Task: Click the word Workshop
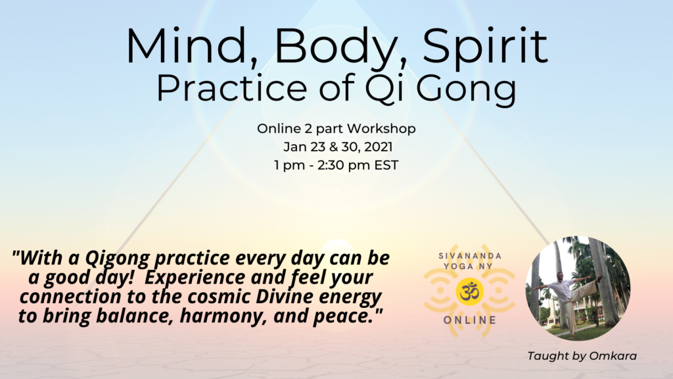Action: coord(381,128)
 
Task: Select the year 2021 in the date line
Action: coord(378,147)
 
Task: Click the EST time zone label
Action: coord(386,165)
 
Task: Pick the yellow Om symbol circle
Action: coord(469,291)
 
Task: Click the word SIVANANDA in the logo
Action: coord(470,256)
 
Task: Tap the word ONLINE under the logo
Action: coord(470,320)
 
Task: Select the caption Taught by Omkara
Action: coord(582,356)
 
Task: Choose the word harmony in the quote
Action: coord(223,316)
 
